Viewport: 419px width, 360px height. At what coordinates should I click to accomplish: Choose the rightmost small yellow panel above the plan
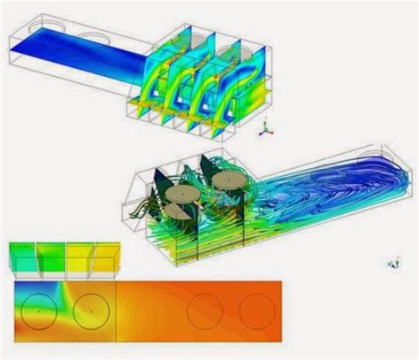(x=104, y=259)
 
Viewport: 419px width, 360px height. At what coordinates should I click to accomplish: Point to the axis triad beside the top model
(x=264, y=129)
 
